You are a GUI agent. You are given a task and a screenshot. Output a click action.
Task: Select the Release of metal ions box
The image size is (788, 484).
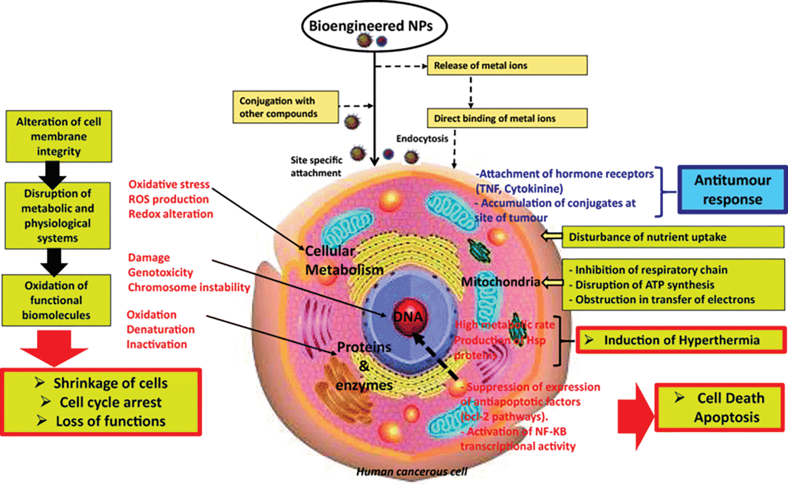pyautogui.click(x=507, y=66)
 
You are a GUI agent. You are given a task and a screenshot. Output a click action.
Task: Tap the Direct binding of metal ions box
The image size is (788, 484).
pyautogui.click(x=507, y=119)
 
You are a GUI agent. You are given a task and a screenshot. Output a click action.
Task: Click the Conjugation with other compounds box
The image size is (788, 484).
pyautogui.click(x=285, y=107)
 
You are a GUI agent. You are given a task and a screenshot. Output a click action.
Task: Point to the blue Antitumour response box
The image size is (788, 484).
pyautogui.click(x=732, y=190)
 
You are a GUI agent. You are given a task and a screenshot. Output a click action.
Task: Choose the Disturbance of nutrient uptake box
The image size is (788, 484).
pyautogui.click(x=673, y=237)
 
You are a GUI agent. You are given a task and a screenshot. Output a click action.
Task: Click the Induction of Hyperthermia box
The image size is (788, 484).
pyautogui.click(x=681, y=341)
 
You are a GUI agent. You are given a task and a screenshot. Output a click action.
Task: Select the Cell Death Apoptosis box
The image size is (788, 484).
pyautogui.click(x=720, y=408)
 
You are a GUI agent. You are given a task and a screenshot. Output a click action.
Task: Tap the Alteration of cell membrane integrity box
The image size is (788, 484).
pyautogui.click(x=58, y=136)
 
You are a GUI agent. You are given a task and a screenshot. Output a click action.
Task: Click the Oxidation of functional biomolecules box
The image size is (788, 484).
pyautogui.click(x=56, y=300)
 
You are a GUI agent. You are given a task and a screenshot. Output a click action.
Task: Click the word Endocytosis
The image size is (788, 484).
pyautogui.click(x=422, y=139)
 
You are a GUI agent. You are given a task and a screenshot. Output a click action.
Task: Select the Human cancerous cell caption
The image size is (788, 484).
pyautogui.click(x=411, y=472)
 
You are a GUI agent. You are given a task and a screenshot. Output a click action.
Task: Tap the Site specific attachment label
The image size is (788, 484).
pyautogui.click(x=316, y=166)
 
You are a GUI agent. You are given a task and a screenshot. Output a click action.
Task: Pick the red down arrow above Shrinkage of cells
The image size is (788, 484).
pyautogui.click(x=54, y=348)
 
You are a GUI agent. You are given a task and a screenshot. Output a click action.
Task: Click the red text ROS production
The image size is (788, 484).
pyautogui.click(x=168, y=199)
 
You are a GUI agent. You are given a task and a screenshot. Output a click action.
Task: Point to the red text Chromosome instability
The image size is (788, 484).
pyautogui.click(x=189, y=287)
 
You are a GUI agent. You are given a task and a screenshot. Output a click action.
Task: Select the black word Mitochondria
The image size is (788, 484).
pyautogui.click(x=500, y=282)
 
